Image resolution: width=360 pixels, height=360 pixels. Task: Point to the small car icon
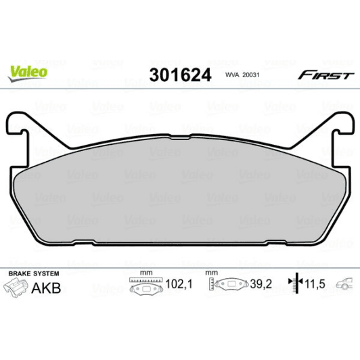click(x=346, y=284)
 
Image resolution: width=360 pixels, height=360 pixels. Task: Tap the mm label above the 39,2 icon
click(x=212, y=273)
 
